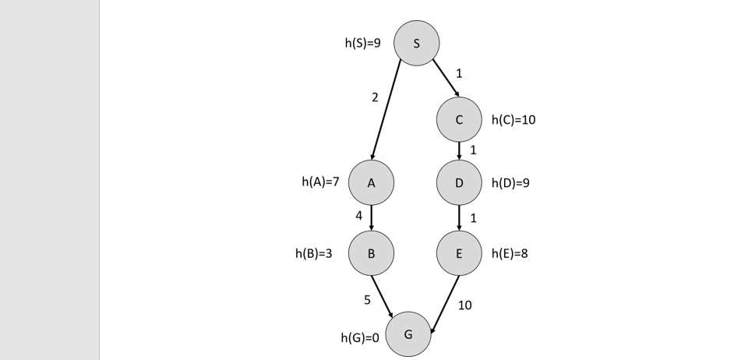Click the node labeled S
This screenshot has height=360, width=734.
coord(416,43)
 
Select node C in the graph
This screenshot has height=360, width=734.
coord(459,119)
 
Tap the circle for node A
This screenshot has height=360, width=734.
coord(371,183)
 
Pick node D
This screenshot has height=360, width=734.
coord(459,183)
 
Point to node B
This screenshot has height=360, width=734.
coord(371,253)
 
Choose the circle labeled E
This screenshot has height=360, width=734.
coord(459,253)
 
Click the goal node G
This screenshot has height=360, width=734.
coord(408,334)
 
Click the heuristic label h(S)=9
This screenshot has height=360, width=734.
coord(362,44)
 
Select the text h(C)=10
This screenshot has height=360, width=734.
coord(513,120)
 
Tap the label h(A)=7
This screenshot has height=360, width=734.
coord(320,182)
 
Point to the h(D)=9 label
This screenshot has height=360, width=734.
coord(510,183)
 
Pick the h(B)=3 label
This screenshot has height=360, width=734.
coord(313,253)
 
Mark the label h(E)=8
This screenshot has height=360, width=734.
coord(510,253)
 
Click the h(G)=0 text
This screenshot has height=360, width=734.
coord(360,337)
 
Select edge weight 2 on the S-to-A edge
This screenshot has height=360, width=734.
coord(375,97)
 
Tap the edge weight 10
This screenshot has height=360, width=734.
coord(464,305)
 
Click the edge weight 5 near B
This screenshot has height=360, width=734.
coord(367,299)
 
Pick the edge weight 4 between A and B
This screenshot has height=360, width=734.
coord(358,216)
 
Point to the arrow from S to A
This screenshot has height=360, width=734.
coord(387,109)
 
